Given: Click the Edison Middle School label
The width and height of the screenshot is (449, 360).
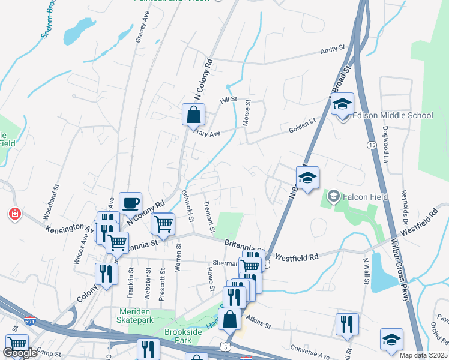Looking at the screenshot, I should (393, 115).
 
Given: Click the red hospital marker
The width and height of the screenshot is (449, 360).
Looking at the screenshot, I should (14, 214).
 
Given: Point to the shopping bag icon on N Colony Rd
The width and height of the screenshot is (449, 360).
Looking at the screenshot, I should (194, 115).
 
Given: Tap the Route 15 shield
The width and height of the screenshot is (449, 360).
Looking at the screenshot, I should (371, 146).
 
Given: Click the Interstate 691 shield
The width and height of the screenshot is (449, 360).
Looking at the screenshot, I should (29, 322).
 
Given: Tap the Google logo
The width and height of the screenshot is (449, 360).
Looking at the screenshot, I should (20, 353).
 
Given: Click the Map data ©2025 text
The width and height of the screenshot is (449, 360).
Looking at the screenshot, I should (423, 355).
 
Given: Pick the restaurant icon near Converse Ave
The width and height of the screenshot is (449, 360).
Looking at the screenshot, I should (347, 324).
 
